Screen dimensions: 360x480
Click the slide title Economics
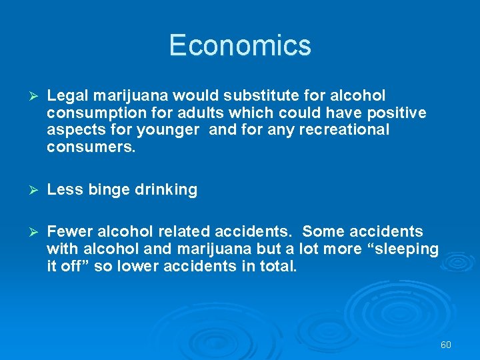240,45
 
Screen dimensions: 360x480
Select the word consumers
91,147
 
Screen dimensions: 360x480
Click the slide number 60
446,345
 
